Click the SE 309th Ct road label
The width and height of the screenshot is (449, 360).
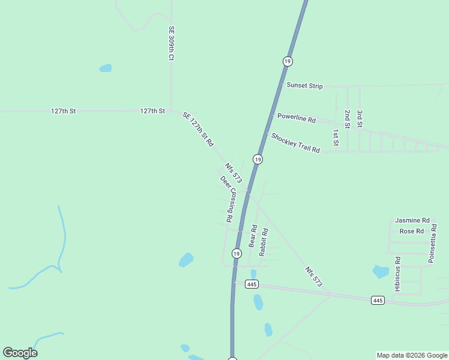pyautogui.click(x=171, y=43)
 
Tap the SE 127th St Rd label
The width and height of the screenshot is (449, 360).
pyautogui.click(x=197, y=130)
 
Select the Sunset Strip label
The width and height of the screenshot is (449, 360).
pyautogui.click(x=304, y=86)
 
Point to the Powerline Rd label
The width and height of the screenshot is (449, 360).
pyautogui.click(x=296, y=118)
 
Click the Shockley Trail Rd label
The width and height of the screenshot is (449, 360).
pyautogui.click(x=295, y=143)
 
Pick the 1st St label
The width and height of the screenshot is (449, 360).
pyautogui.click(x=336, y=138)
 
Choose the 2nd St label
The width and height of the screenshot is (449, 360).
pyautogui.click(x=347, y=118)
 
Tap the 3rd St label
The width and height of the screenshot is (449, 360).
pyautogui.click(x=359, y=118)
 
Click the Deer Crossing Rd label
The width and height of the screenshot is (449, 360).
pyautogui.click(x=226, y=199)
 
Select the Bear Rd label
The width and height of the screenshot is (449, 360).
pyautogui.click(x=253, y=236)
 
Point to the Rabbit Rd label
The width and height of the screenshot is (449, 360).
pyautogui.click(x=263, y=242)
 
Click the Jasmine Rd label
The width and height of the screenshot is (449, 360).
pyautogui.click(x=412, y=221)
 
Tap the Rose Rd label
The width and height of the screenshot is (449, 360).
pyautogui.click(x=412, y=231)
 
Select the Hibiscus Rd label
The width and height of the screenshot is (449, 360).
pyautogui.click(x=397, y=275)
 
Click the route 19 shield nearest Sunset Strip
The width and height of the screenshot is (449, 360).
pyautogui.click(x=288, y=61)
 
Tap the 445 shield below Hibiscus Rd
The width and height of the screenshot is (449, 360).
pyautogui.click(x=377, y=300)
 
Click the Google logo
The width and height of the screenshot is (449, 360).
pyautogui.click(x=20, y=353)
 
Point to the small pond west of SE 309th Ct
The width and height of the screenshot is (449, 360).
pyautogui.click(x=106, y=68)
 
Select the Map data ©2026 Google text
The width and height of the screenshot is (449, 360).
pyautogui.click(x=411, y=355)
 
